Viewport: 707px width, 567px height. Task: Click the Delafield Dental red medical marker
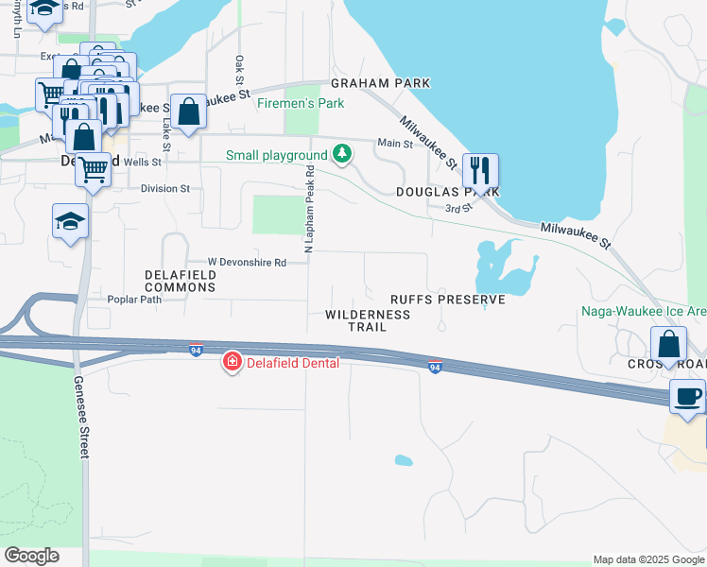(232, 362)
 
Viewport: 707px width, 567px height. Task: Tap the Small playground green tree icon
(341, 154)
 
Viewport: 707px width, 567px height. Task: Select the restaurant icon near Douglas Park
(480, 171)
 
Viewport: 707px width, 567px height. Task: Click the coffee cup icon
(687, 395)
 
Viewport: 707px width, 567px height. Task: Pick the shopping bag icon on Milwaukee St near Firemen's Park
(188, 112)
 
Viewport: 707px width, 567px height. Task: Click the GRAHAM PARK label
(380, 83)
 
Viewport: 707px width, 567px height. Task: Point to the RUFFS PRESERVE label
(448, 300)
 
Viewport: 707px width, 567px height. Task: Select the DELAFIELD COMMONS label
(180, 281)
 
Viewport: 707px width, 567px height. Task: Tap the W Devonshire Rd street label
(247, 263)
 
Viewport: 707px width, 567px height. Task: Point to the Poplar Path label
(134, 300)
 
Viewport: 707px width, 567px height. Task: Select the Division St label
(165, 189)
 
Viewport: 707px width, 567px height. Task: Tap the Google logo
(31, 556)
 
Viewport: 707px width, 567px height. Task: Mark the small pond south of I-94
(404, 461)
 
